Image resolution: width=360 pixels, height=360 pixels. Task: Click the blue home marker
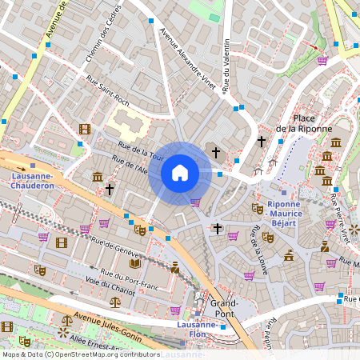pos(180,173)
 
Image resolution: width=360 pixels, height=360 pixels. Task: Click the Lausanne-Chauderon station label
pos(32,180)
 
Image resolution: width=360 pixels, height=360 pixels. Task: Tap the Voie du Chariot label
pos(109,286)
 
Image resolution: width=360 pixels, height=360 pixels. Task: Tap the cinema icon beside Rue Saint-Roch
pos(85,129)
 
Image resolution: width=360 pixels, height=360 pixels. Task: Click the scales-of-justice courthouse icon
pos(115,303)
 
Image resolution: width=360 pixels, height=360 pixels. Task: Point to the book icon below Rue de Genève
pos(135,262)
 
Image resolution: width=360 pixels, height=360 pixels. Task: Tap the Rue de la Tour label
pos(141,149)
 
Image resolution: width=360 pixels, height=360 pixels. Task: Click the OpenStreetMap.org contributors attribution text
pos(96,354)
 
